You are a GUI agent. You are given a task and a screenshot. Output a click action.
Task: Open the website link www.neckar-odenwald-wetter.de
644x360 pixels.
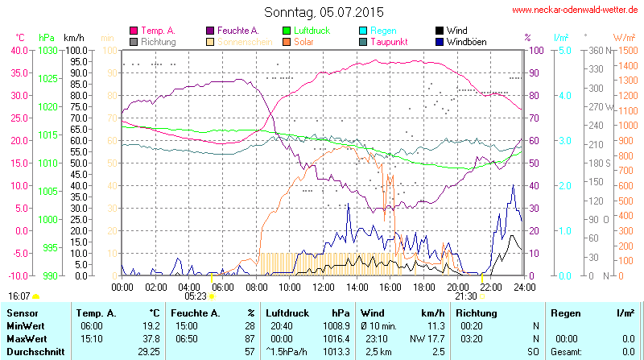pyautogui.click(x=576, y=10)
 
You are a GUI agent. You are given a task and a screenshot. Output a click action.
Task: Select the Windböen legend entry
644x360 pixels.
pyautogui.click(x=464, y=41)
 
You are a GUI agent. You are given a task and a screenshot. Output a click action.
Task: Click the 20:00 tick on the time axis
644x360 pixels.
pyautogui.click(x=457, y=287)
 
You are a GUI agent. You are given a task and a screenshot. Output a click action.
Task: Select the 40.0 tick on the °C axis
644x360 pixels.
pyautogui.click(x=18, y=50)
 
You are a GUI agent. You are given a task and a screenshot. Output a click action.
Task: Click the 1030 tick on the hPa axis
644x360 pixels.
pyautogui.click(x=47, y=50)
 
